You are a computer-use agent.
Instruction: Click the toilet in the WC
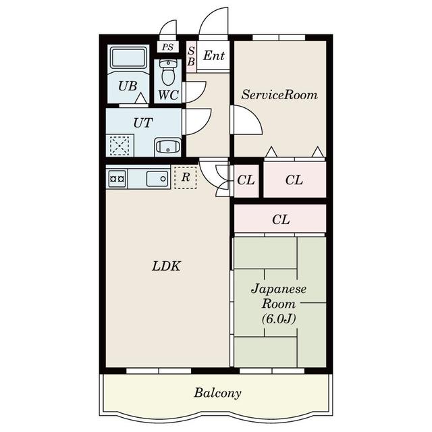point(168,72)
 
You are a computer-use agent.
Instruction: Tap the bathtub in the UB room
point(128,57)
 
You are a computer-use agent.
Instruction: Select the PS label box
point(167,47)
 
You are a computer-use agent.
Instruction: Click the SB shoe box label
point(191,56)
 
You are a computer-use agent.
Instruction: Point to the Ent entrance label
point(214,56)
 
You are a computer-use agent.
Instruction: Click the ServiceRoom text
point(279,94)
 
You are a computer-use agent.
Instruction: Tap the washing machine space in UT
point(119,146)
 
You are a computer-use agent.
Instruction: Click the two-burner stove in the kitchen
point(117,179)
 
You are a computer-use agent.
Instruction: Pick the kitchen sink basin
point(157,179)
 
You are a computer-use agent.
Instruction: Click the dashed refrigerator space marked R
point(186,178)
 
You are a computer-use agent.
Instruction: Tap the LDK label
point(167,267)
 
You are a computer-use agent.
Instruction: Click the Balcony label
point(217,393)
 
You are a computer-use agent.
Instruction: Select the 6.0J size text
point(279,319)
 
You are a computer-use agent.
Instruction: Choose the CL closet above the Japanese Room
point(280,219)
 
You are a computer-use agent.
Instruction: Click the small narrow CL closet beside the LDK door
point(246,181)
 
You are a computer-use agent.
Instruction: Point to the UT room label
point(143,123)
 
